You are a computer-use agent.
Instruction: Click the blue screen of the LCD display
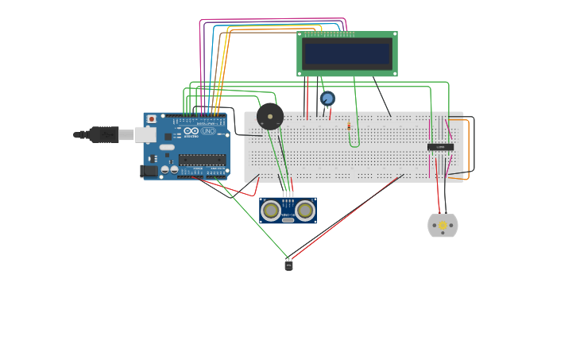(347, 54)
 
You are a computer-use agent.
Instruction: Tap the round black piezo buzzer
(270, 116)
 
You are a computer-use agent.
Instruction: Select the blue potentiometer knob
(327, 99)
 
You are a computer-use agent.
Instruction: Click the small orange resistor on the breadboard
(349, 126)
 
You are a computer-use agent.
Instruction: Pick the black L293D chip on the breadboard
(440, 147)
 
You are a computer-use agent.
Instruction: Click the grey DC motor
(443, 226)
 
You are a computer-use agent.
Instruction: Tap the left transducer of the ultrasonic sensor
(271, 210)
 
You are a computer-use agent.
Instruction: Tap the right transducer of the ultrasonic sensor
(305, 210)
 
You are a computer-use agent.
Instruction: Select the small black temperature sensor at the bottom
(288, 265)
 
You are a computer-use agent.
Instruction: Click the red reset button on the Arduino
(152, 119)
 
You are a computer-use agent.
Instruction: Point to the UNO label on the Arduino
(208, 131)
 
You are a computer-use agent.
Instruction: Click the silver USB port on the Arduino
(145, 134)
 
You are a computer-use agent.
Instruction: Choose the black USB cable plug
(103, 134)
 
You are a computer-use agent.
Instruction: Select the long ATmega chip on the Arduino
(202, 160)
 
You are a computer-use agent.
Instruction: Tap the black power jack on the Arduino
(149, 170)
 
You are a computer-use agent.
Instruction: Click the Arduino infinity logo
(191, 131)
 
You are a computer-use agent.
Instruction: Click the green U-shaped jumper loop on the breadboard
(354, 143)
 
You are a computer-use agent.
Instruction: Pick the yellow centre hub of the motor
(443, 226)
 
